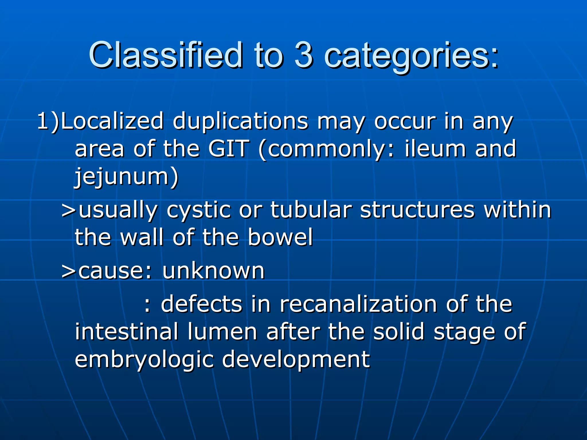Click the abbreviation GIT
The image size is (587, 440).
[228, 149]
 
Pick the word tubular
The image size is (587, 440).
[311, 210]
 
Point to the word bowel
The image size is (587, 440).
[280, 237]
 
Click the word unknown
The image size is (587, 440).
[213, 271]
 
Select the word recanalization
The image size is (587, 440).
[358, 304]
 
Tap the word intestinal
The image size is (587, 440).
[126, 332]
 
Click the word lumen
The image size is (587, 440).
[222, 332]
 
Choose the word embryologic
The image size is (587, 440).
[144, 360]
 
